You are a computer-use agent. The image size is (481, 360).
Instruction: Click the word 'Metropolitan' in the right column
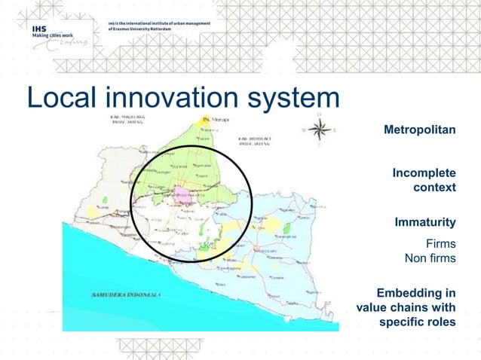point(419,130)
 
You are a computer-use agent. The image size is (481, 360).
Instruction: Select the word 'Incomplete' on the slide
point(424,174)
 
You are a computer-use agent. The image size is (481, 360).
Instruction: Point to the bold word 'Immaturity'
point(425,222)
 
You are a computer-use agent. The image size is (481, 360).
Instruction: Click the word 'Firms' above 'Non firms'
point(440,245)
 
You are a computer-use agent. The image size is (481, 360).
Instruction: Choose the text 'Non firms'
point(430,260)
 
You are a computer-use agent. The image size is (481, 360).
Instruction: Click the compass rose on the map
point(320,130)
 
